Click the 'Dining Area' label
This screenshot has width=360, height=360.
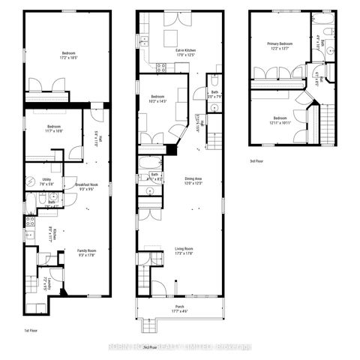pos(194,178)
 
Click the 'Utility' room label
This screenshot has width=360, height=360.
pos(47,178)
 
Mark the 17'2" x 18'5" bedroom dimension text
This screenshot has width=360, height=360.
pos(69,57)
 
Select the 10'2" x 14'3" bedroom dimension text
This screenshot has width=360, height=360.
pos(158,101)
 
